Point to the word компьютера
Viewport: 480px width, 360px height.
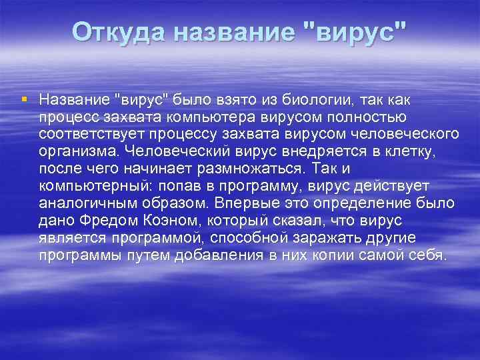[x=209, y=117]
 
